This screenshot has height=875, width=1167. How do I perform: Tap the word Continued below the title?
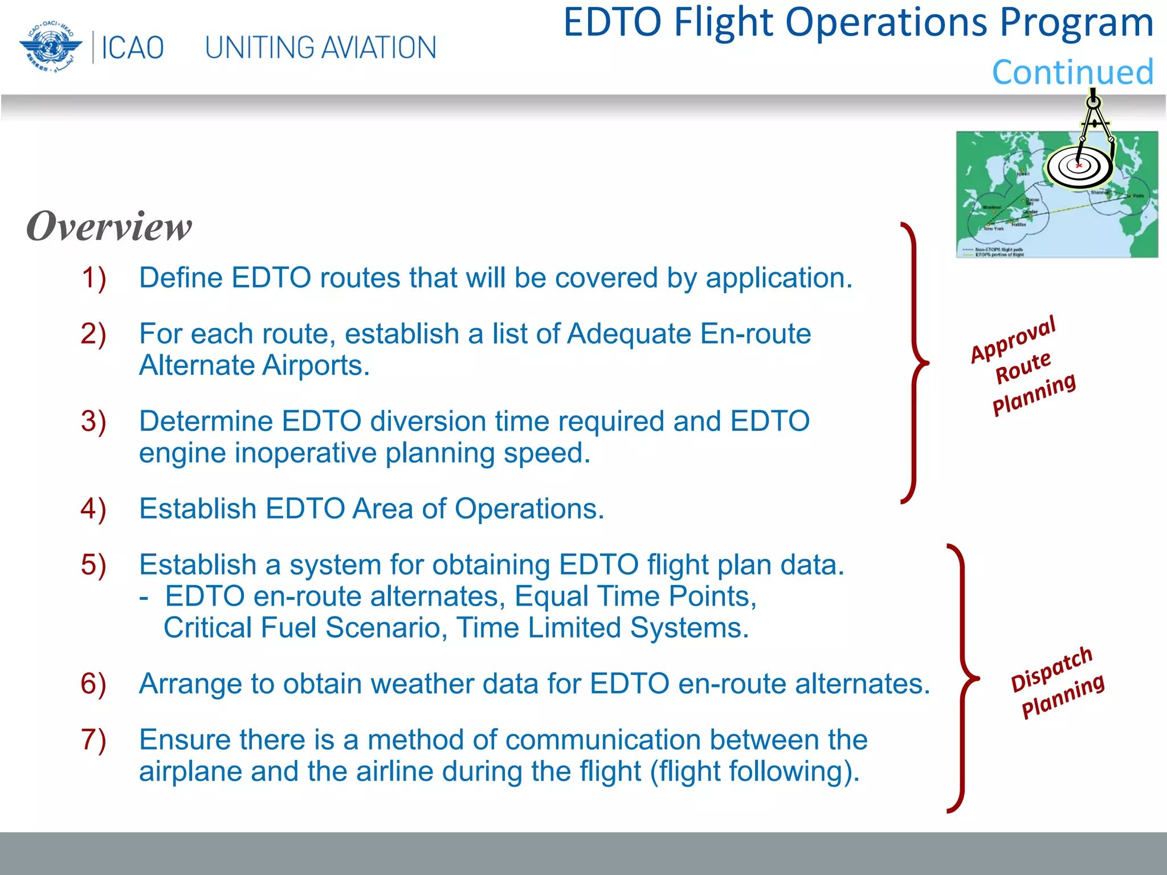coord(1072,72)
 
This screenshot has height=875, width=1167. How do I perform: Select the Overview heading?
coord(109,227)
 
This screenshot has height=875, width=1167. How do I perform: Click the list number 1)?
coord(93,279)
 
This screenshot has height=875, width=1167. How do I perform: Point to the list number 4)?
coord(93,509)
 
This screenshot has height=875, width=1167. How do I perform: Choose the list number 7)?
coord(93,740)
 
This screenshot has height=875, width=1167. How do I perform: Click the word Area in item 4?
coord(381,509)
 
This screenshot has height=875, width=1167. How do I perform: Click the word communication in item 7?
coord(602,740)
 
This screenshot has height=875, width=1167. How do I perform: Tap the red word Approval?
coord(1013,340)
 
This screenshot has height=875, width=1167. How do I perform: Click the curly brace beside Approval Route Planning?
coord(915,363)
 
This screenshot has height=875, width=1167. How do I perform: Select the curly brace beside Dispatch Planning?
coord(962,678)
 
